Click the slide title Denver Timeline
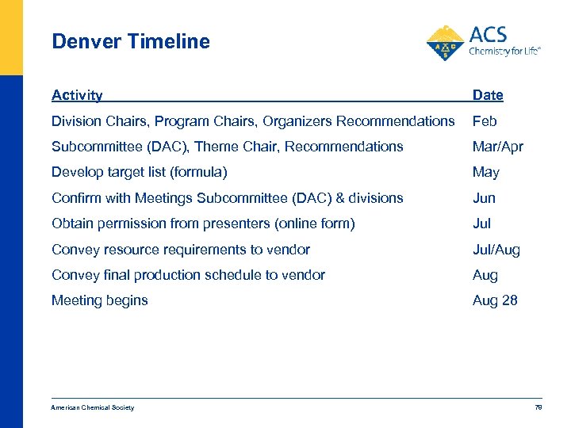(131, 42)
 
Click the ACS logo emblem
(446, 43)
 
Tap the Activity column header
(77, 96)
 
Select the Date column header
(488, 96)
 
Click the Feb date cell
(485, 121)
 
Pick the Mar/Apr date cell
(497, 147)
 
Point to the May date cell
(485, 172)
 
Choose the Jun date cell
(484, 198)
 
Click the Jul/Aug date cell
(496, 250)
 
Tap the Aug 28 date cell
(495, 300)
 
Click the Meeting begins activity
(100, 300)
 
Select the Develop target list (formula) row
(139, 172)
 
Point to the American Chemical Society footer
(93, 407)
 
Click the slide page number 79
(538, 407)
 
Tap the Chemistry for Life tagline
(504, 51)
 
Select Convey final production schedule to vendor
(188, 275)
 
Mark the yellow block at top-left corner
(11, 37)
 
